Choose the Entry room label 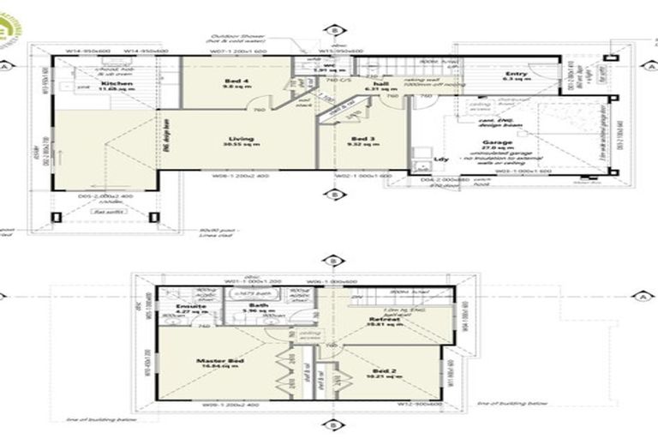pos(516,75)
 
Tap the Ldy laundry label pos(442,159)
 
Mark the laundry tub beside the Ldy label pos(421,157)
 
